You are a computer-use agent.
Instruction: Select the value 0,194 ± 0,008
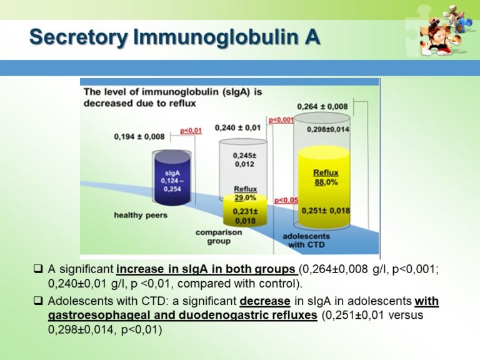139,137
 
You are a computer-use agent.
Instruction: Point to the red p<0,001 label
281,119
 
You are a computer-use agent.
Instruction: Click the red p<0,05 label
286,200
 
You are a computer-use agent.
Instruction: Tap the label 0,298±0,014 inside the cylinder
327,129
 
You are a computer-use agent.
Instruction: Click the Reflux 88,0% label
326,177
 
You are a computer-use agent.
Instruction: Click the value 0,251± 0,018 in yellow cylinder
326,211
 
